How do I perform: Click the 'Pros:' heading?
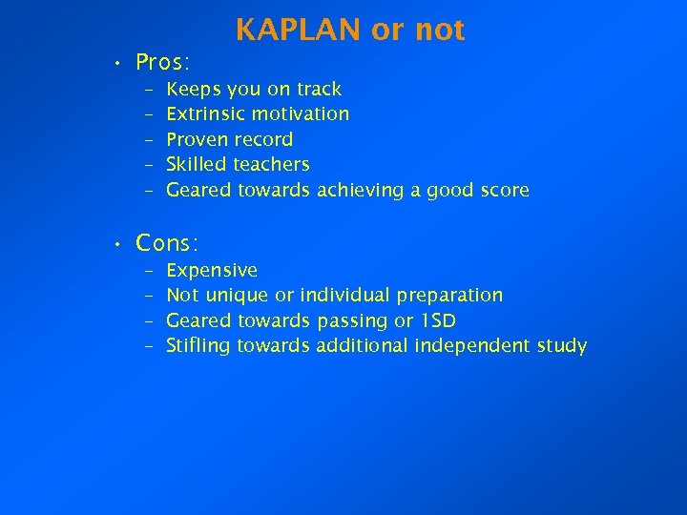163,63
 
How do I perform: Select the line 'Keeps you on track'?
254,89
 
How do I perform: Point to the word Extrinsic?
205,114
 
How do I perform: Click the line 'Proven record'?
229,139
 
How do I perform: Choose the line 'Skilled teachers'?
238,165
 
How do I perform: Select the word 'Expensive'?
212,270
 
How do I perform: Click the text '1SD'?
438,320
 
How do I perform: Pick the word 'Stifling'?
198,345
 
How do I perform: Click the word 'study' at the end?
563,345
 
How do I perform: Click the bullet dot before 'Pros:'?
115,65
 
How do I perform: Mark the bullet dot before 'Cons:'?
115,245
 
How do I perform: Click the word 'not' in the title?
440,31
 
